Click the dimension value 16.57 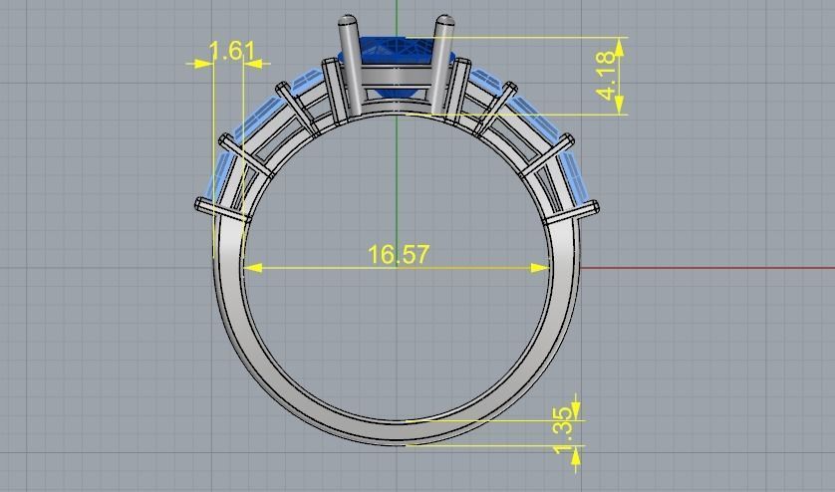coord(398,254)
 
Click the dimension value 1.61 coord(231,50)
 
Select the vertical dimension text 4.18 coord(606,76)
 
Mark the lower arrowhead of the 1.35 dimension coord(575,451)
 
